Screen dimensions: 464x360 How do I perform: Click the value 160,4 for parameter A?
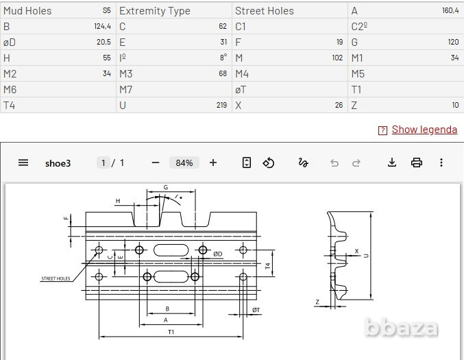(450, 11)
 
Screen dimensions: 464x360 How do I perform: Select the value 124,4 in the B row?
(102, 26)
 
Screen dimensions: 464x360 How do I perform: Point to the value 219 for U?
(221, 105)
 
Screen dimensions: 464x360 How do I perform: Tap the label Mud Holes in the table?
(27, 11)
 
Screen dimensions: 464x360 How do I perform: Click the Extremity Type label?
(155, 11)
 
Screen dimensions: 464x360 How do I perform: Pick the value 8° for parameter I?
(223, 58)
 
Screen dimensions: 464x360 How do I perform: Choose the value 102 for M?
(337, 58)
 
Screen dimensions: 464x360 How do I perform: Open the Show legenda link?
(424, 130)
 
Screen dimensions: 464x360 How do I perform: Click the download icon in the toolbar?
(392, 163)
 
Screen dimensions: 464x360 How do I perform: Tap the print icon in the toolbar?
(417, 163)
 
